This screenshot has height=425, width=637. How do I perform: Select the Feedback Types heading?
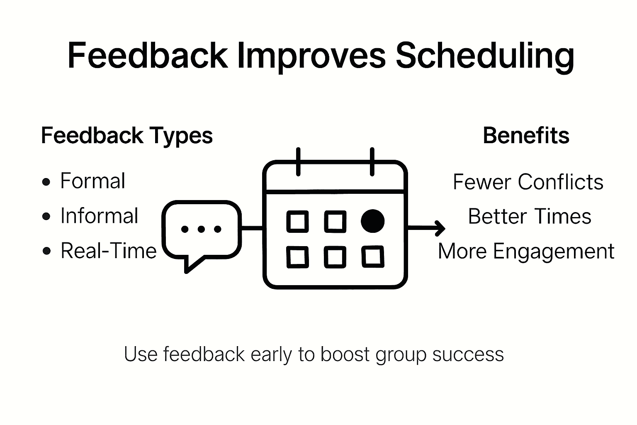point(127,136)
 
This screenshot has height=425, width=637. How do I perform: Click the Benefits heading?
point(526,135)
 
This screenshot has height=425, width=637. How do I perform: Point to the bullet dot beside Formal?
point(46,182)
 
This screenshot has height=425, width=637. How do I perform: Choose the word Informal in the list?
point(99,216)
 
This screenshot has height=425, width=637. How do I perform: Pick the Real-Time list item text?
point(109,251)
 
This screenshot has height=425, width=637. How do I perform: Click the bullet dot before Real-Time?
point(46,251)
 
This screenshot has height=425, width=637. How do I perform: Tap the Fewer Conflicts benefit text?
point(528,182)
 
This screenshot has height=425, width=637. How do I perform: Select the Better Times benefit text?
point(530,216)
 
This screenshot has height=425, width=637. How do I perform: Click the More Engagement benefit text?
point(526,252)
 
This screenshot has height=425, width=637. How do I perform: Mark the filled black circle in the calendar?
point(372,221)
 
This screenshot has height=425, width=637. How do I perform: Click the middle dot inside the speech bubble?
point(201,229)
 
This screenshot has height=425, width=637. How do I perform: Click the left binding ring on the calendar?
point(298,162)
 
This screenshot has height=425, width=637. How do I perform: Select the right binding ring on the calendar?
point(372,162)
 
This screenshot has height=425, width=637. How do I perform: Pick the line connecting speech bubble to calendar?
point(252,228)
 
